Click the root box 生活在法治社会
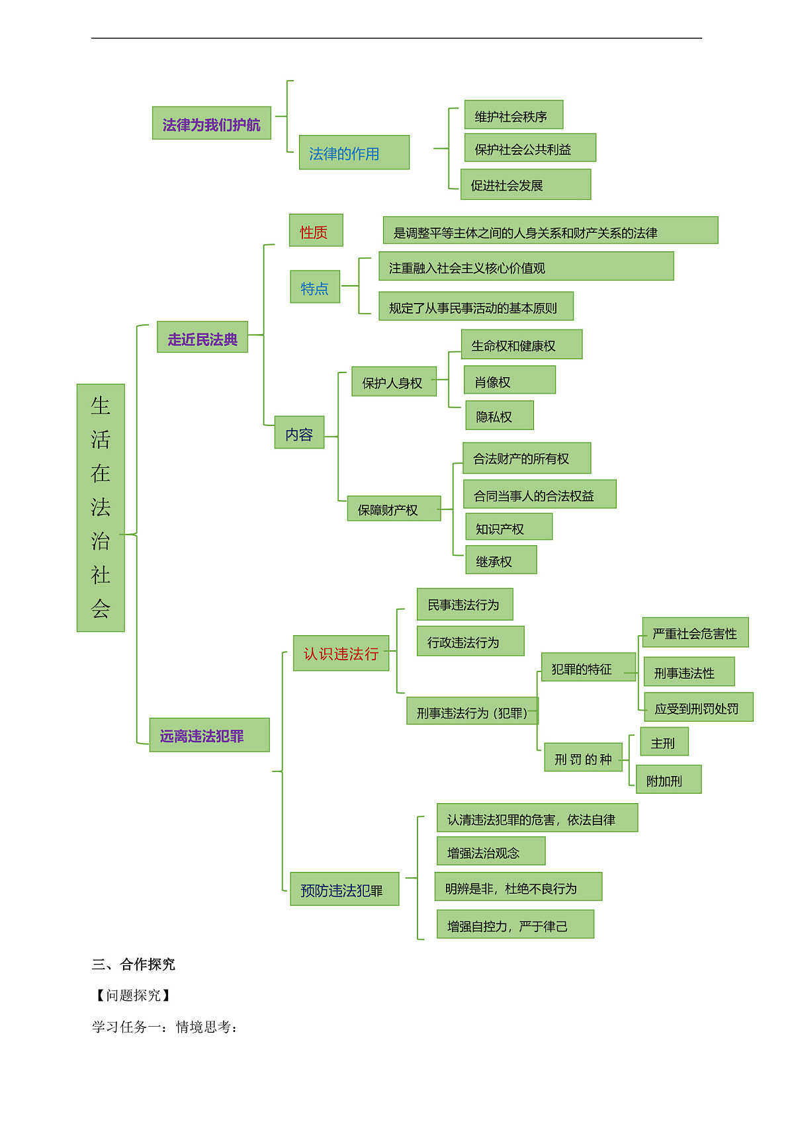click(x=101, y=508)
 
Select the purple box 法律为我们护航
click(x=211, y=123)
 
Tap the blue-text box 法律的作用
click(x=354, y=152)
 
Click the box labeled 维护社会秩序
click(x=513, y=114)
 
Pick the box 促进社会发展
click(x=525, y=185)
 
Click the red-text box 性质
click(x=316, y=230)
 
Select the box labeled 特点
click(x=315, y=286)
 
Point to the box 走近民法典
click(x=202, y=337)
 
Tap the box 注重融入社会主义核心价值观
click(x=526, y=266)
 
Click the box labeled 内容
click(x=299, y=432)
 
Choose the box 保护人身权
click(x=394, y=382)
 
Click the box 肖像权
click(x=509, y=380)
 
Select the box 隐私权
click(x=500, y=415)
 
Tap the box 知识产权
click(x=509, y=527)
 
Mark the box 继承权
click(x=501, y=560)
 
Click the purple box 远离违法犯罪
click(x=209, y=735)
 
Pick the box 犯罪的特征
click(x=589, y=668)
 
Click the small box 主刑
click(x=664, y=742)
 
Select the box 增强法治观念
click(x=491, y=851)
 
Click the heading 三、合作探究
click(x=133, y=965)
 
